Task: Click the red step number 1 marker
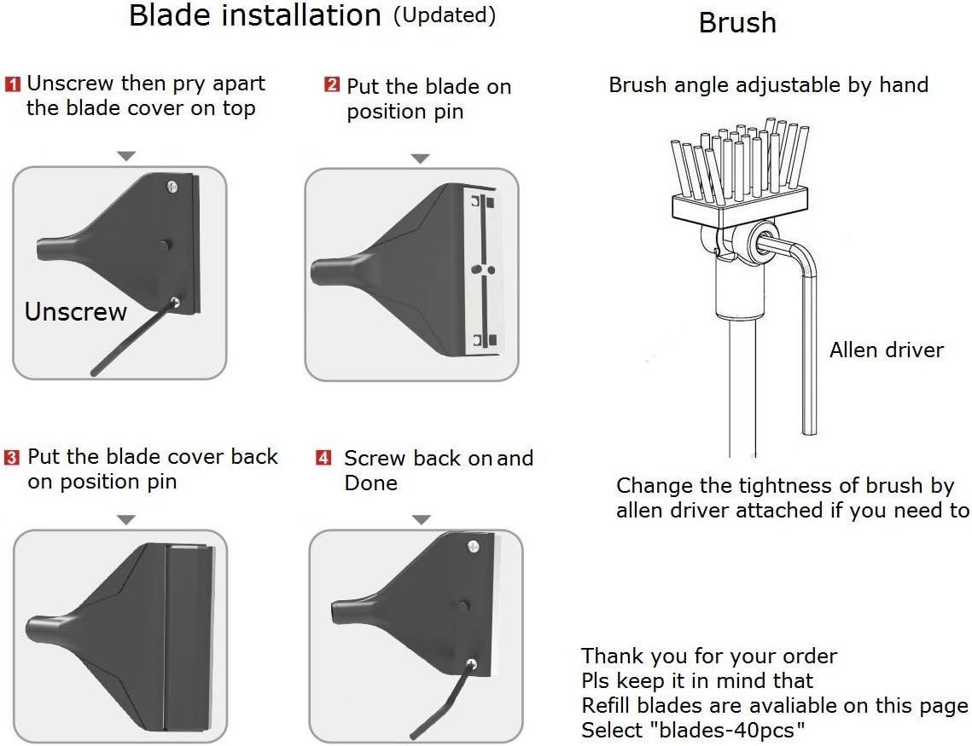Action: (14, 84)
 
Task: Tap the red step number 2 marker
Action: (332, 85)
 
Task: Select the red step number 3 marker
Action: (12, 458)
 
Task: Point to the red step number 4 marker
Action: (324, 458)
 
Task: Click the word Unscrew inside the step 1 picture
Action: (75, 312)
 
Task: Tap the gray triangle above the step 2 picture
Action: (420, 158)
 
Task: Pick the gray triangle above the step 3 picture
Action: (126, 518)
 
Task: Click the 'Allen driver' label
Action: (887, 350)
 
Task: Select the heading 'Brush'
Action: (737, 23)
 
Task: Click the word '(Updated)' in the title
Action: (444, 15)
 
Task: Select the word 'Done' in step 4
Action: (370, 483)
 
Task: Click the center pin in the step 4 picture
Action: (463, 605)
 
